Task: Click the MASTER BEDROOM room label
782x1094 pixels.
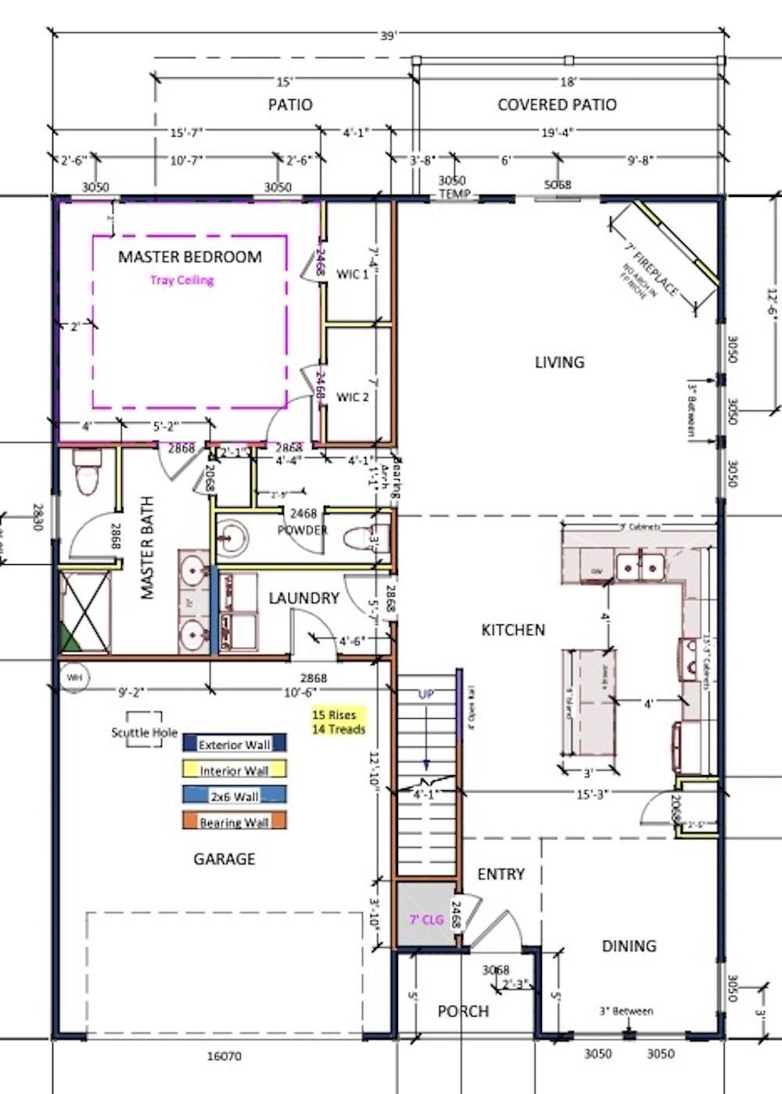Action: point(190,257)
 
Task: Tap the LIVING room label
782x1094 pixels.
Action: point(559,363)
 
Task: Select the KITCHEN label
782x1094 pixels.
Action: point(513,630)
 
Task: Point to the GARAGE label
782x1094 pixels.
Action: point(224,860)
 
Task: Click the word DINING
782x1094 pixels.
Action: point(629,946)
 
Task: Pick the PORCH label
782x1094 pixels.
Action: point(463,1012)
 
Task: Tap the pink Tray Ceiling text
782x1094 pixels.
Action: point(182,281)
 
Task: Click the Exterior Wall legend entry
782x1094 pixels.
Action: point(234,745)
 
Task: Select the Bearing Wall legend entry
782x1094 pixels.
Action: point(234,822)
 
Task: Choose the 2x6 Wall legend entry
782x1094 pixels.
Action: point(234,796)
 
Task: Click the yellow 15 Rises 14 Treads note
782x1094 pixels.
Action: point(339,722)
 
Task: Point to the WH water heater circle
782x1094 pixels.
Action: point(74,677)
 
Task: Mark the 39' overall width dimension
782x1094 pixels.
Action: point(389,36)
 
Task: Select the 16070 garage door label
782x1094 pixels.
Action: point(224,1056)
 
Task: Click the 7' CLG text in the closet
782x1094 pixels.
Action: point(427,920)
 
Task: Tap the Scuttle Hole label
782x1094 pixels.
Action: point(144,733)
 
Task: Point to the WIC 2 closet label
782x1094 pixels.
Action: point(353,397)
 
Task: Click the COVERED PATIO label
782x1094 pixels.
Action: point(557,105)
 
